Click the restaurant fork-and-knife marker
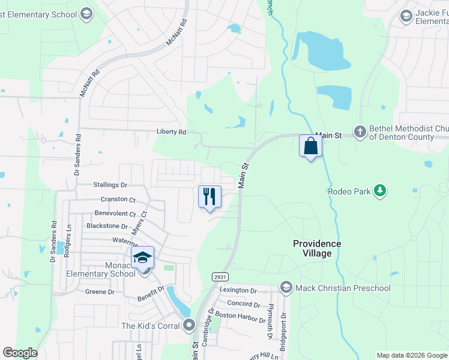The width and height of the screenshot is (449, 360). (209, 196)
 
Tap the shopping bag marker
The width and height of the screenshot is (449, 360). (310, 146)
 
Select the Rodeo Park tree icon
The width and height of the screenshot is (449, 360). (379, 191)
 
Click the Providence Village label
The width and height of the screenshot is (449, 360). (317, 248)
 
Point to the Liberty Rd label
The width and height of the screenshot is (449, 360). (172, 132)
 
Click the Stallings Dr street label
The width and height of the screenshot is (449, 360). (111, 185)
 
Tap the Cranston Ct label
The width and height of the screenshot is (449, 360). (118, 199)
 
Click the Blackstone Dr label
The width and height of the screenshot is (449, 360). (107, 226)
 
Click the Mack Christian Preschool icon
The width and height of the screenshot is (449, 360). (286, 288)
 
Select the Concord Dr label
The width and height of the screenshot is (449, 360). (244, 305)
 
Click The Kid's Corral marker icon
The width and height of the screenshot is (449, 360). (190, 326)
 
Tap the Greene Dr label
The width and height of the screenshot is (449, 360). (100, 292)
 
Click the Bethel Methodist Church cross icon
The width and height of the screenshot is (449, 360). (360, 131)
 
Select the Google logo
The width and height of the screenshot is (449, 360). (20, 353)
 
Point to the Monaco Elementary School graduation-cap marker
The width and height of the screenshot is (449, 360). (142, 257)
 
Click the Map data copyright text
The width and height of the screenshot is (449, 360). (411, 355)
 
